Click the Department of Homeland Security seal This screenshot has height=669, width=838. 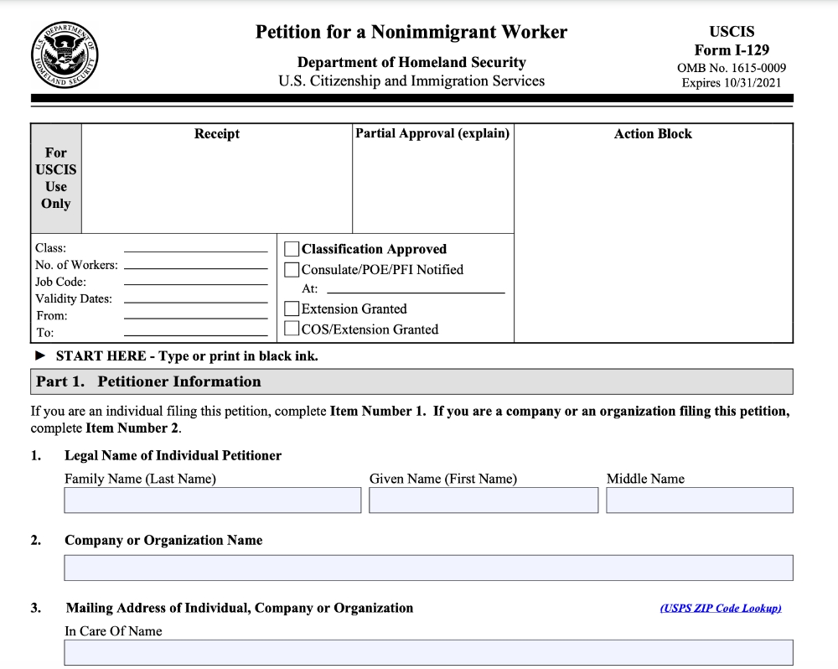[65, 54]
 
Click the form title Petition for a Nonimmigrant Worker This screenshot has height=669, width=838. [411, 33]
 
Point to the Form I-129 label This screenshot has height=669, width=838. [732, 50]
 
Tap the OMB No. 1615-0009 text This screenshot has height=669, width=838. [732, 68]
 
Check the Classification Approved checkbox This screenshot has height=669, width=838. [292, 249]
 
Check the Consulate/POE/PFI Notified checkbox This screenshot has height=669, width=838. [292, 270]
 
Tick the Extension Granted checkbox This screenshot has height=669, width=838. [292, 309]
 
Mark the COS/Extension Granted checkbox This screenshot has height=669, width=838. [292, 329]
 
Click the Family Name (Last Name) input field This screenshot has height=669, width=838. [213, 500]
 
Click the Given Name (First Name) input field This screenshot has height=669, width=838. [484, 500]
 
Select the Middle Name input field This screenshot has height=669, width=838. [699, 500]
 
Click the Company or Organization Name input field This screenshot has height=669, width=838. [428, 568]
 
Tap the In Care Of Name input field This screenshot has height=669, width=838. [428, 652]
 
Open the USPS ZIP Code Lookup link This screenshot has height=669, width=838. [721, 608]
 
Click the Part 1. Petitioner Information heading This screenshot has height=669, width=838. [149, 381]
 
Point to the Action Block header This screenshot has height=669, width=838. [653, 134]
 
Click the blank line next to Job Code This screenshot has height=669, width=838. [195, 284]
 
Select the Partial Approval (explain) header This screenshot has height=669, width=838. [432, 133]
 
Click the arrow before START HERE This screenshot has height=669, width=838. [40, 356]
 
